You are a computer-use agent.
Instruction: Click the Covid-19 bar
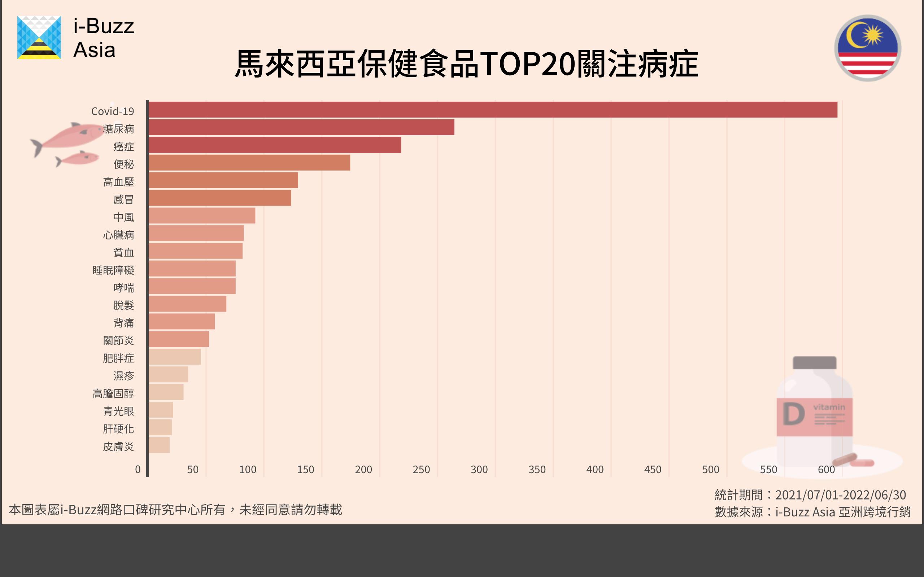(493, 110)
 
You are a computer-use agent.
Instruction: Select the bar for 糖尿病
(302, 127)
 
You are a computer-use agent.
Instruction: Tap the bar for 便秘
(249, 163)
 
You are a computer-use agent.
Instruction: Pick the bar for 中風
(202, 216)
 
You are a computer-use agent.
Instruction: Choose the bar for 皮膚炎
(159, 445)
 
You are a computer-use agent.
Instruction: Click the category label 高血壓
(118, 182)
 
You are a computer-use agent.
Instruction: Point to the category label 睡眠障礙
(113, 270)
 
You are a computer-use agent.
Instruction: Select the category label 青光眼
(118, 411)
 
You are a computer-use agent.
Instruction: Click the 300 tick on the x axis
(479, 470)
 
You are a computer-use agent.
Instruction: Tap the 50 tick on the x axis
(193, 470)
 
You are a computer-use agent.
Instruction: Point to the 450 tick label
(653, 470)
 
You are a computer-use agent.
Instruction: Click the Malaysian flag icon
(867, 48)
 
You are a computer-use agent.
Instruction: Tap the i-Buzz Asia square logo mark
(39, 38)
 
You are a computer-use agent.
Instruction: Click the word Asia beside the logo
(94, 50)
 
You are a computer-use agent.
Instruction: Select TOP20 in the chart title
(527, 64)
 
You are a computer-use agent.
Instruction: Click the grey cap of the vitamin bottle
(814, 362)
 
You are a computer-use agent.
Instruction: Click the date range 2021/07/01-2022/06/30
(840, 495)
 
